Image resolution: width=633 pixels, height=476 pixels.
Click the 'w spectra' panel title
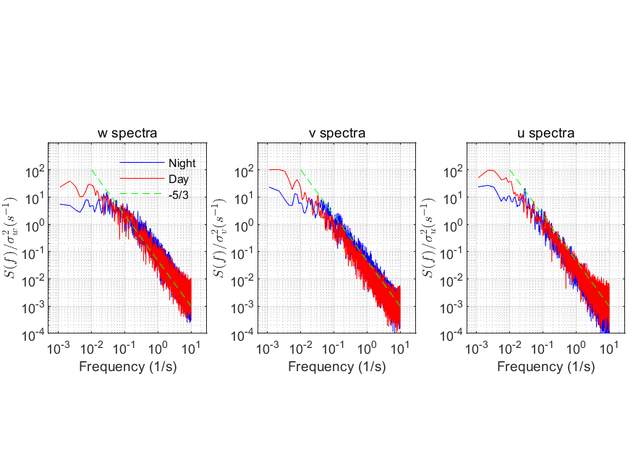(127, 133)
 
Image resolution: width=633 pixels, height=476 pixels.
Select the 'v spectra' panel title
(337, 133)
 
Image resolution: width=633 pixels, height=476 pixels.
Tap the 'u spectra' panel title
(545, 133)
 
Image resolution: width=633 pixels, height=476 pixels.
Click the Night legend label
(182, 163)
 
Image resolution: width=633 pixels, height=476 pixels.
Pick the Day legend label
(179, 179)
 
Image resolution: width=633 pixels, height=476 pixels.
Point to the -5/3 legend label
(179, 195)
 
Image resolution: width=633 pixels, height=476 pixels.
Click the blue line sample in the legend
(142, 163)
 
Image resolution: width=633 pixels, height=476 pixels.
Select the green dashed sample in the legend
(142, 194)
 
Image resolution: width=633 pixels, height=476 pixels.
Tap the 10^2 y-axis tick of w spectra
(35, 172)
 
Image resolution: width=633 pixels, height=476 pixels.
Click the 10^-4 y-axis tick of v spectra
(243, 335)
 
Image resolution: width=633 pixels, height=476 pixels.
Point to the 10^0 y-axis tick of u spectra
(454, 226)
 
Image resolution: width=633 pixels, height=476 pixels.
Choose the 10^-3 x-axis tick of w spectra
(59, 348)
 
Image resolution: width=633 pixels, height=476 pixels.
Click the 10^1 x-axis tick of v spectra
(400, 348)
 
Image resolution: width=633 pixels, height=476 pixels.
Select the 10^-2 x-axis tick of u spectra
(510, 348)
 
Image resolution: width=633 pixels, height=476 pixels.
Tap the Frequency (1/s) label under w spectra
(128, 367)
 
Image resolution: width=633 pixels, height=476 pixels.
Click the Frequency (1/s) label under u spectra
(545, 367)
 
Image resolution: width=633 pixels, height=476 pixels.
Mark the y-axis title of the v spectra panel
(220, 238)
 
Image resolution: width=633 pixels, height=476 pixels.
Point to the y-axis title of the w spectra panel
(11, 238)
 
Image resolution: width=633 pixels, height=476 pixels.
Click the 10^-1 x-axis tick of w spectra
(124, 348)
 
